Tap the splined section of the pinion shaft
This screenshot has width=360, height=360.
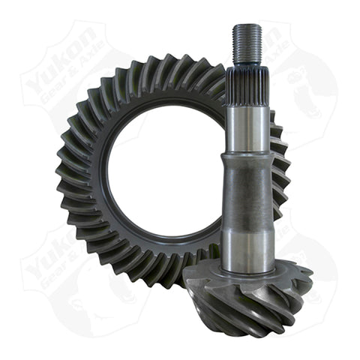pyautogui.click(x=246, y=82)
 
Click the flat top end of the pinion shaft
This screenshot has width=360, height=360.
pyautogui.click(x=246, y=25)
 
